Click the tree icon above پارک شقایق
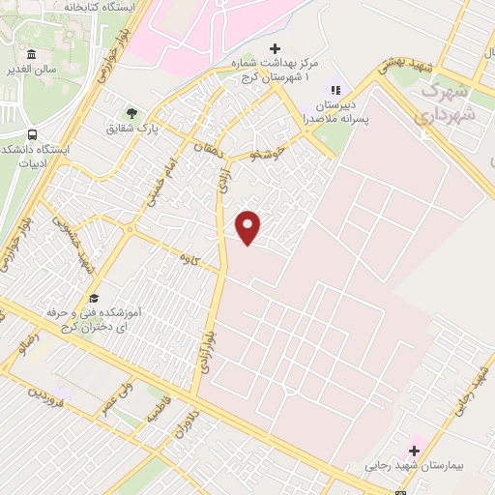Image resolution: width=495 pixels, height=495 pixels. click(x=131, y=113)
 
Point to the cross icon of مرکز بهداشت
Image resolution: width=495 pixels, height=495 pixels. click(x=275, y=48)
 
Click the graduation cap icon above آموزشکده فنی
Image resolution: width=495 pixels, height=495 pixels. click(x=94, y=298)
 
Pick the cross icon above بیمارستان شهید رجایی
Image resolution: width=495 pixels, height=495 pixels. click(x=414, y=450)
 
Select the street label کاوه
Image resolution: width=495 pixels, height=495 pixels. click(x=188, y=258)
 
